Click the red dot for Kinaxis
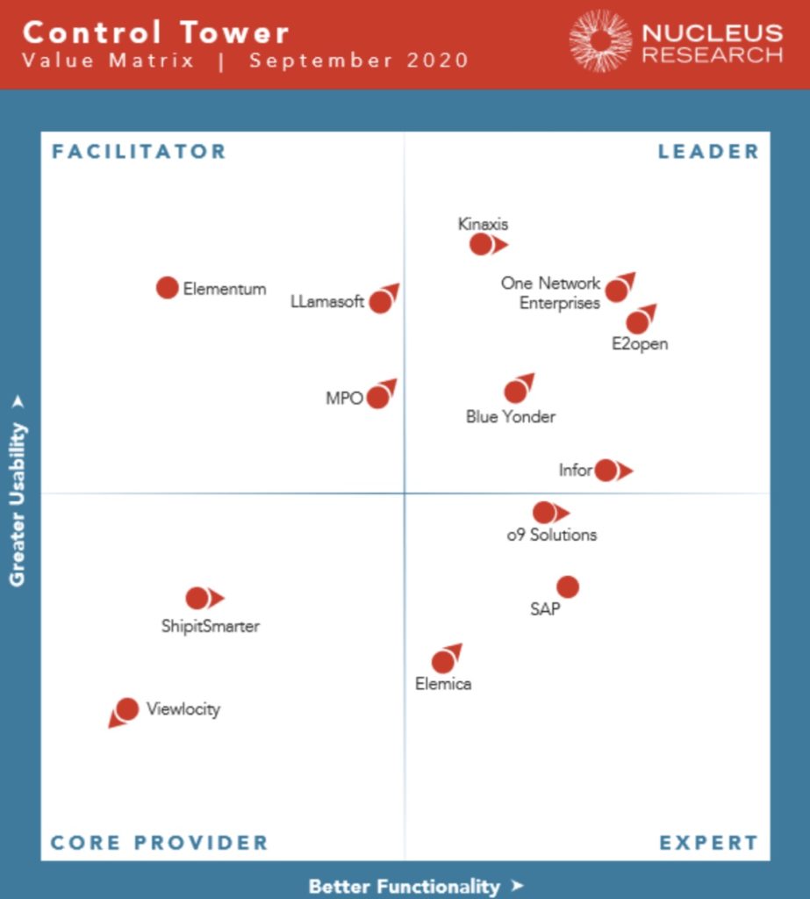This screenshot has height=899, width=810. coord(481,244)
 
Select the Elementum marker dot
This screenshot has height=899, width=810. coord(168,287)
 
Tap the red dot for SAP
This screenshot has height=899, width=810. coord(568,586)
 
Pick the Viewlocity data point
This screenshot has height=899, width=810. coord(127,708)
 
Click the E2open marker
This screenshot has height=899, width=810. coord(638,322)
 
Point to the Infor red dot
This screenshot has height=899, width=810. coord(606,471)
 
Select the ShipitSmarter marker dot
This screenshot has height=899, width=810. coord(197,598)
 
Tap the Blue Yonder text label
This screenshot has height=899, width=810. coord(511,417)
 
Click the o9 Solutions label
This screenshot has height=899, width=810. coord(552,534)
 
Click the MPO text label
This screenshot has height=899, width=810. coord(344,398)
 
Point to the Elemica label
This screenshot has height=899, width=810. coord(443,684)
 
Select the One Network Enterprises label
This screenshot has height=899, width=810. coord(552,293)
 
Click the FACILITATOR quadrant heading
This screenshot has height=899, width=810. coord(139,151)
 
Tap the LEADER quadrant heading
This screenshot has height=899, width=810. coord(708,151)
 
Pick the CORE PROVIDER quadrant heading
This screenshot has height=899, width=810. coord(159,843)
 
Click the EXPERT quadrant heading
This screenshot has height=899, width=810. coord(708,843)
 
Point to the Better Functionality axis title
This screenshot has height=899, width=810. coord(405,886)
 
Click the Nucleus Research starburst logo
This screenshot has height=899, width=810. coord(600,40)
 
